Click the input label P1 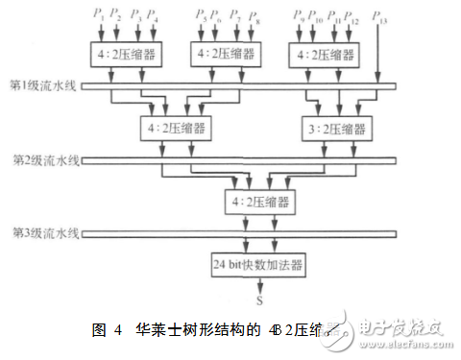[97, 15]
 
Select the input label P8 [254, 15]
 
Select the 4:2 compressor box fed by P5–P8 [227, 53]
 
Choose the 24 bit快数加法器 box [244, 262]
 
